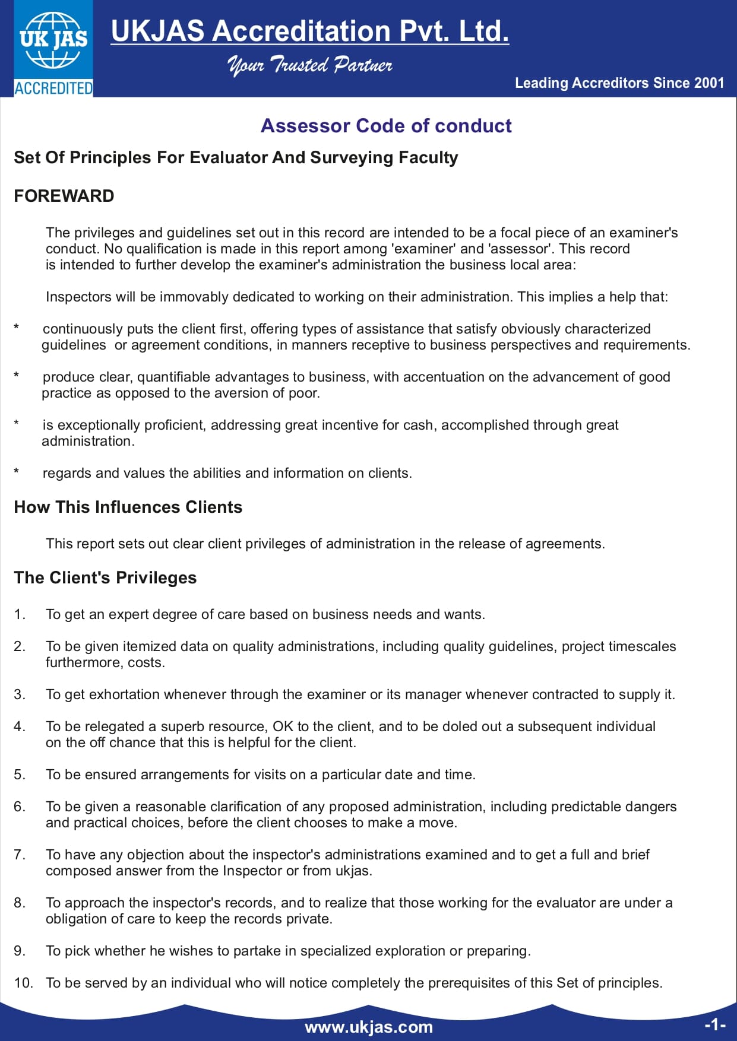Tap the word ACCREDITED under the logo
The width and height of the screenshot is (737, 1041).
(53, 88)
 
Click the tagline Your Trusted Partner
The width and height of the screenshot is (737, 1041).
(309, 65)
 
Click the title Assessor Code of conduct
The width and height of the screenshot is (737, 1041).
(386, 126)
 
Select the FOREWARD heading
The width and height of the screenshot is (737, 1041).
(64, 196)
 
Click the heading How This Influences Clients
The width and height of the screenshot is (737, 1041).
(128, 507)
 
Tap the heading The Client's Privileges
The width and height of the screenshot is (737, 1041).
(105, 577)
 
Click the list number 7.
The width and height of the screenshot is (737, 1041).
(19, 855)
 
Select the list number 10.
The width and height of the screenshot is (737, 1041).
(23, 983)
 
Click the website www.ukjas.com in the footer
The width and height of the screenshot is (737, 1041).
(369, 1027)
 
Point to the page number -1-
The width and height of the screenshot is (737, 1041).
(714, 1024)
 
